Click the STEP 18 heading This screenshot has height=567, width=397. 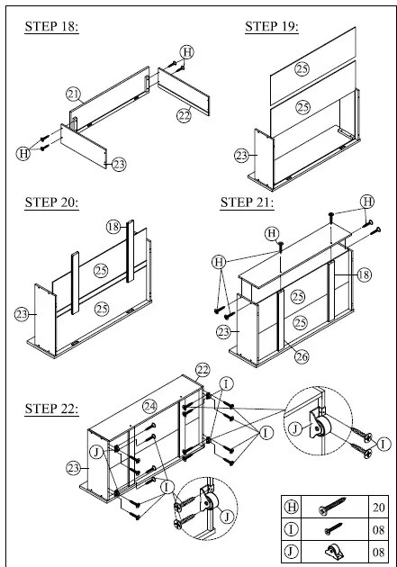pos(52,27)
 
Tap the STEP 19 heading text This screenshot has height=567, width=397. pos(271,27)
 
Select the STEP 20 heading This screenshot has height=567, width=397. pos(52,202)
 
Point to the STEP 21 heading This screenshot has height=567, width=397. pos(247,202)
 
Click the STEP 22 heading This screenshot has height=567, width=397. pos(52,409)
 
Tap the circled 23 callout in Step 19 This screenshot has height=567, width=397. pos(241,156)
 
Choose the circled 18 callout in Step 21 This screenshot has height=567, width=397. pos(365,274)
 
